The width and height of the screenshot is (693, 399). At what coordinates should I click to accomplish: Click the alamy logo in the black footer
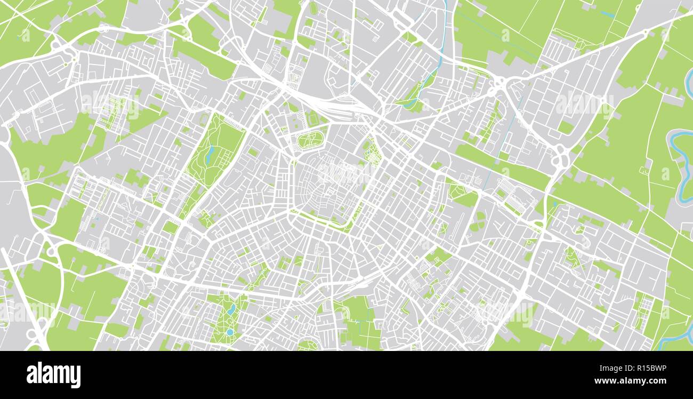point(53,375)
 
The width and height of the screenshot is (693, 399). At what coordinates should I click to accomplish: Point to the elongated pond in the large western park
point(210,154)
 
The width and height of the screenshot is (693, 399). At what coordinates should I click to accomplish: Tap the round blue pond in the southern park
point(230,332)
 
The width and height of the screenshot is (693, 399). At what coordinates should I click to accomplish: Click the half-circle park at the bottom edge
point(308,345)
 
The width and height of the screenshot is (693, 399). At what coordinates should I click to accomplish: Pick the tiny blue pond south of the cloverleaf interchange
point(554,203)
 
